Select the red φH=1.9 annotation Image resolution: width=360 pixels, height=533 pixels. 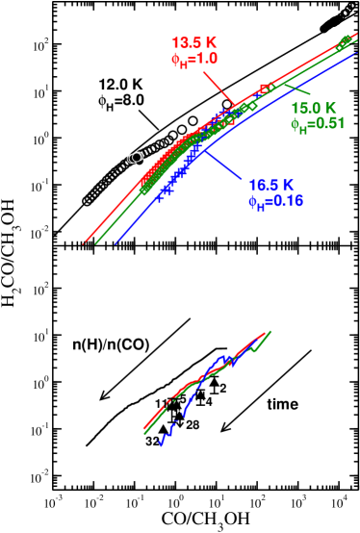point(195,60)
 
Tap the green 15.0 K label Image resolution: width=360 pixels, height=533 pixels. point(314,108)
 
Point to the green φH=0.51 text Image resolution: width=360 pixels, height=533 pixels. point(318,124)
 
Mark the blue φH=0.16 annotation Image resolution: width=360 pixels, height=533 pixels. point(275,201)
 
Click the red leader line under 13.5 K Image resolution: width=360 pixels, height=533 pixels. point(217,85)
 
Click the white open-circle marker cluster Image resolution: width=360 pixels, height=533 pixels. point(136,158)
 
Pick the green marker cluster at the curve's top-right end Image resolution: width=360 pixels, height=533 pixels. point(346,40)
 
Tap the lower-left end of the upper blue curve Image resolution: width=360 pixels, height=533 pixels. point(116,242)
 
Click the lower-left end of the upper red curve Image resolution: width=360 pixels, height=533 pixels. point(85,242)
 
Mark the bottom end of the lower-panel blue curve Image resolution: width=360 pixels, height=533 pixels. point(161,446)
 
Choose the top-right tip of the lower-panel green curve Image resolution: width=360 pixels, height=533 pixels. point(271,331)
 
